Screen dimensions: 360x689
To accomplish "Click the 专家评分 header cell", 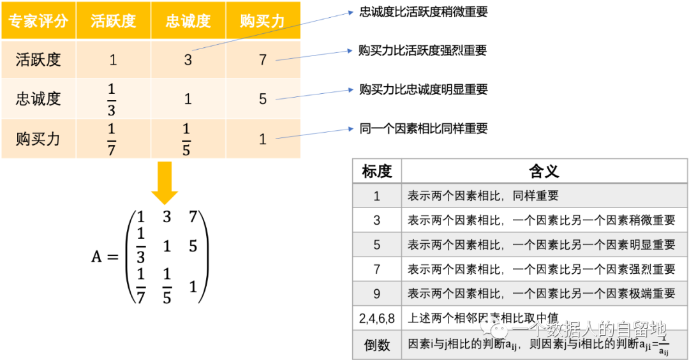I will (38, 21).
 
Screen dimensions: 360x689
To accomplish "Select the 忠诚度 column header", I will (188, 21).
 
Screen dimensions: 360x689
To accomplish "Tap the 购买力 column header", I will (263, 21).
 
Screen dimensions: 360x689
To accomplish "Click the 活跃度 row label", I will (38, 60).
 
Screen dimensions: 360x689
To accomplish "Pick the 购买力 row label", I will (38, 139).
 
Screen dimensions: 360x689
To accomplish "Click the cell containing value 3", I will (188, 61).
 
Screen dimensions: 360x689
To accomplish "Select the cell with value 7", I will (263, 61).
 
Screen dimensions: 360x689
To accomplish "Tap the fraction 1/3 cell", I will (112, 99).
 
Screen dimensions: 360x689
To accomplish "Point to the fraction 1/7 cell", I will (112, 139).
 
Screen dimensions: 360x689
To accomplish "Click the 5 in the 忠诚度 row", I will (263, 100).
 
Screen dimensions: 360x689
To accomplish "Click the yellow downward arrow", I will (165, 183).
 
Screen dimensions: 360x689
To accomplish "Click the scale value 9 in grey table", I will (376, 294).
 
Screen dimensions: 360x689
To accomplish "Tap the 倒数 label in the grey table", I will (376, 345).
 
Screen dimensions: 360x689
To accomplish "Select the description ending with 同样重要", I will (483, 196).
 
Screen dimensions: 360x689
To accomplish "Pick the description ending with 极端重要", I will (541, 294).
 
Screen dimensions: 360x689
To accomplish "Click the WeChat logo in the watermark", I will (494, 329).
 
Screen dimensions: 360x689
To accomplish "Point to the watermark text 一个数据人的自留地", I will (589, 329).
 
